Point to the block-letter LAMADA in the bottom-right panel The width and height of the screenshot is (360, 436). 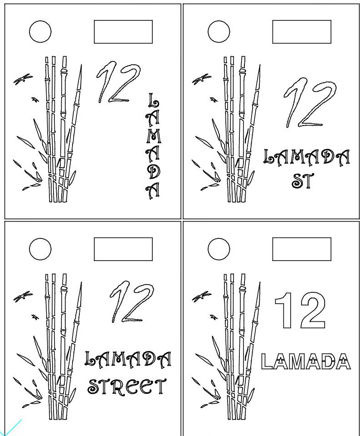click(x=306, y=361)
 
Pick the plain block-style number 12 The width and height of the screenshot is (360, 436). click(x=300, y=310)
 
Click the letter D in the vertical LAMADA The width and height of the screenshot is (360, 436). click(x=153, y=172)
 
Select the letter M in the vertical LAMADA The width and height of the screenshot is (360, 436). click(x=153, y=136)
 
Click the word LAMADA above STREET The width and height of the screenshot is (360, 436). click(x=128, y=358)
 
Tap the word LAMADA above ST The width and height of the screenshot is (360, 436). click(x=306, y=156)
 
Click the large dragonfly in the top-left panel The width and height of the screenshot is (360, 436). click(x=23, y=79)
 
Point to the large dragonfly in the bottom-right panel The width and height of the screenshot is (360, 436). click(x=202, y=297)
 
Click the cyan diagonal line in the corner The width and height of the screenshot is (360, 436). click(x=10, y=428)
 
